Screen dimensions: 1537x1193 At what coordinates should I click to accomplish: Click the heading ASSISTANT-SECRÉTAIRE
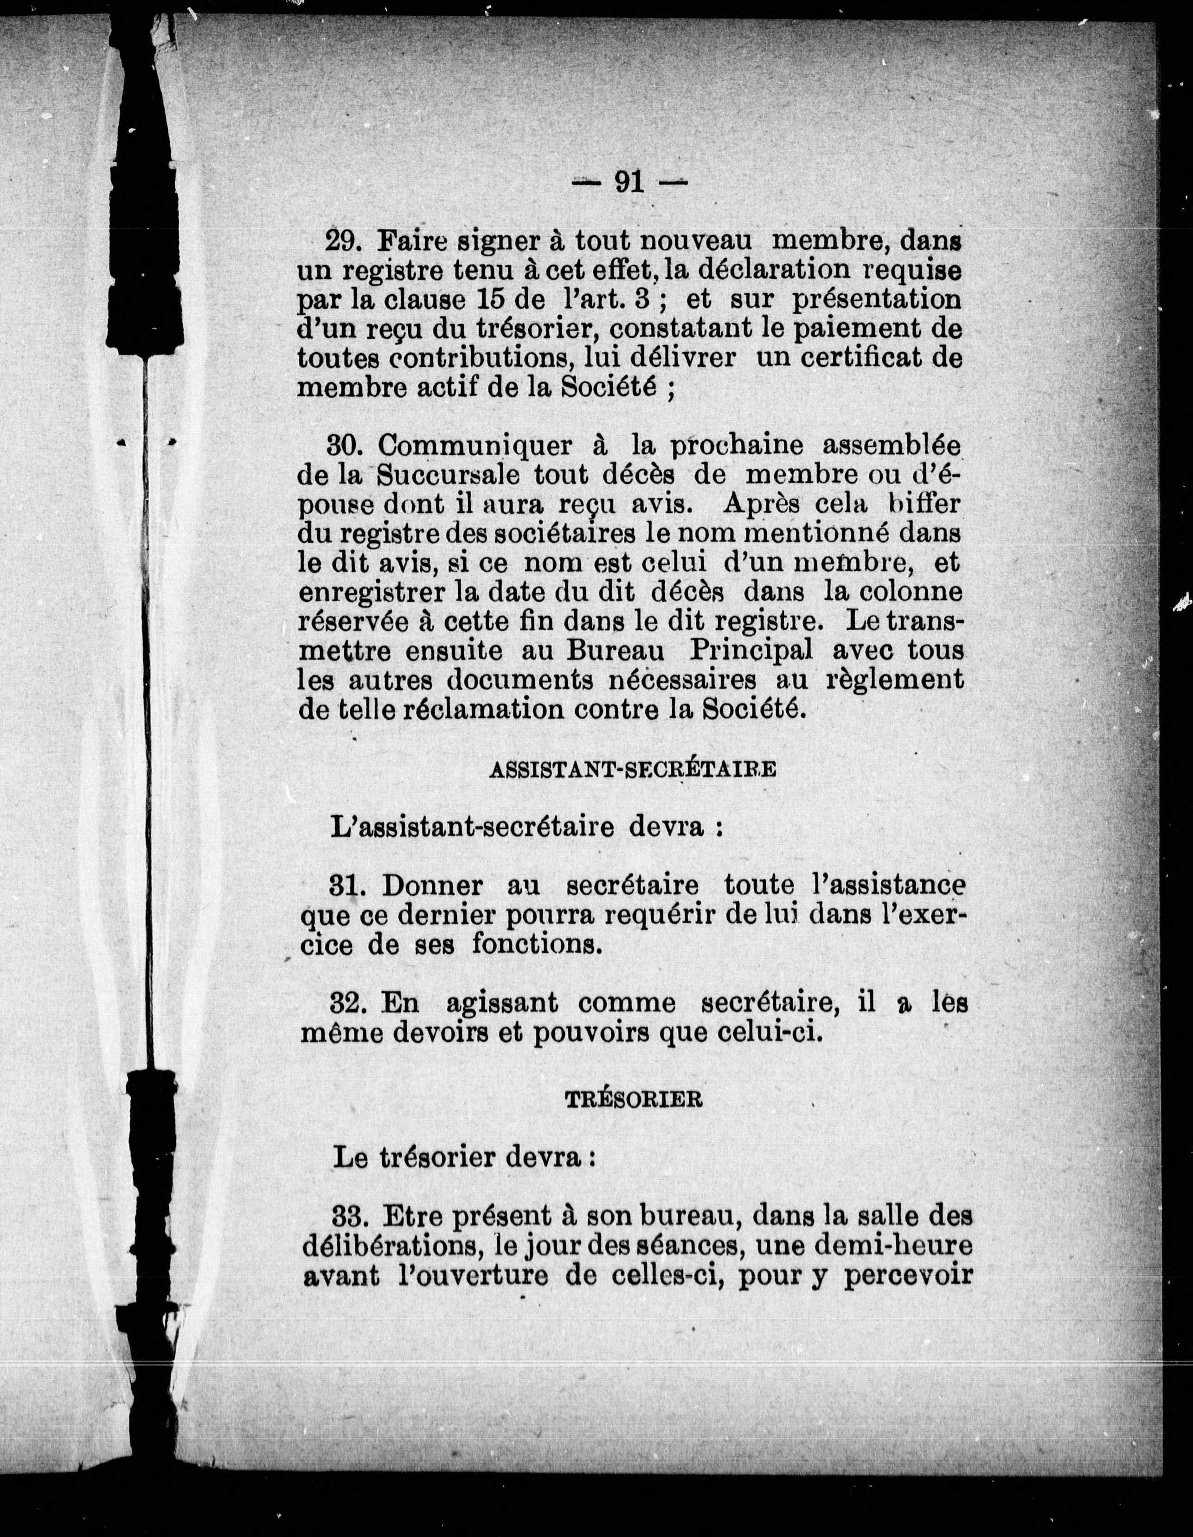coord(632,769)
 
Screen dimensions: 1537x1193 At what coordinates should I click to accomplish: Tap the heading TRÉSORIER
coord(634,1101)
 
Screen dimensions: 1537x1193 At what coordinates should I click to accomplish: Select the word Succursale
coord(448,475)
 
